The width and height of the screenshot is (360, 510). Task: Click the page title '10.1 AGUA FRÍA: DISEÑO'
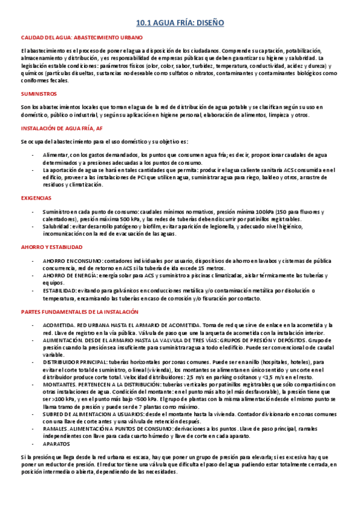tap(180, 22)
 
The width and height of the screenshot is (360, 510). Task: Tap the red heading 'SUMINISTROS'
tap(38, 94)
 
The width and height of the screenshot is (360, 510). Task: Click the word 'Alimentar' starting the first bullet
tap(55, 155)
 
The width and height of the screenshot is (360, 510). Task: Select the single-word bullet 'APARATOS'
tap(56, 444)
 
